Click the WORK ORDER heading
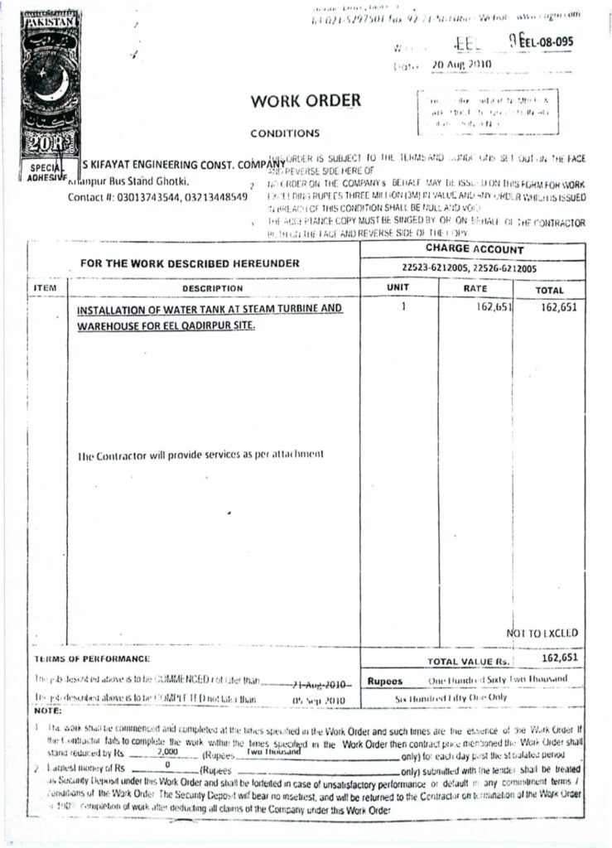(x=306, y=101)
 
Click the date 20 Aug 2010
(x=461, y=64)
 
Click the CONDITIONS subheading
(x=284, y=132)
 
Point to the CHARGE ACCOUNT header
(x=475, y=249)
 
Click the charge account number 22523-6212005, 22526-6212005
(x=469, y=268)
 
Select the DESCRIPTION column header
(x=213, y=288)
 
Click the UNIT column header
(x=398, y=287)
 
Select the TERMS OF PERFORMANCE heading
(x=92, y=659)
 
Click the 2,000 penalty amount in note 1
(x=166, y=753)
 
